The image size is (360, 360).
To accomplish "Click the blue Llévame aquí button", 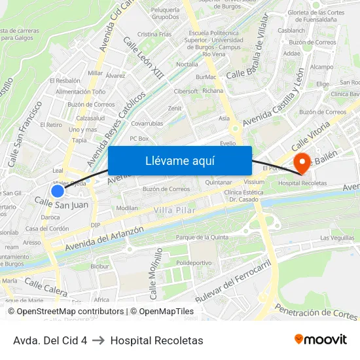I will [179, 160].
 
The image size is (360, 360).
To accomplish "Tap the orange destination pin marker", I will [302, 162].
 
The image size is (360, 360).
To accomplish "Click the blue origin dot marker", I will [58, 190].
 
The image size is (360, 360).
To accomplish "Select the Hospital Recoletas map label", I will [302, 183].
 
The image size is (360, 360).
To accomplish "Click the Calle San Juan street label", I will [62, 205].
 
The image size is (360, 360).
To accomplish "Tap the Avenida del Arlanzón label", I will [105, 240].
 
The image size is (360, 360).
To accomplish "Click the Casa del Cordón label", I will [47, 228].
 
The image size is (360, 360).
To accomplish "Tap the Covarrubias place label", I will [147, 123].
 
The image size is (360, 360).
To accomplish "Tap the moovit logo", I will [321, 340].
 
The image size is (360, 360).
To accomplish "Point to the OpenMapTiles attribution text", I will [162, 312].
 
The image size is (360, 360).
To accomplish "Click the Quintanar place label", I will [219, 182].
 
